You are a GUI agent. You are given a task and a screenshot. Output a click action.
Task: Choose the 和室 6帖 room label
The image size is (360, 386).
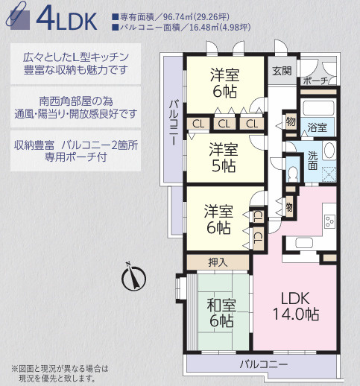tap(220, 312)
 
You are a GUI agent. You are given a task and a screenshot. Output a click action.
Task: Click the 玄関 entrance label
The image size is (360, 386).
tap(282, 71)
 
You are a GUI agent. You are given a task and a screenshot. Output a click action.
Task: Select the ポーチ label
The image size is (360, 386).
tap(316, 80)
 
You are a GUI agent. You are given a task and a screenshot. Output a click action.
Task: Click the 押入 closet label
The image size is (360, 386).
tap(218, 262)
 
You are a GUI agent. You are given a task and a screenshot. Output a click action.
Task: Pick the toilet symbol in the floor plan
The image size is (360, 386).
tap(292, 172)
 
